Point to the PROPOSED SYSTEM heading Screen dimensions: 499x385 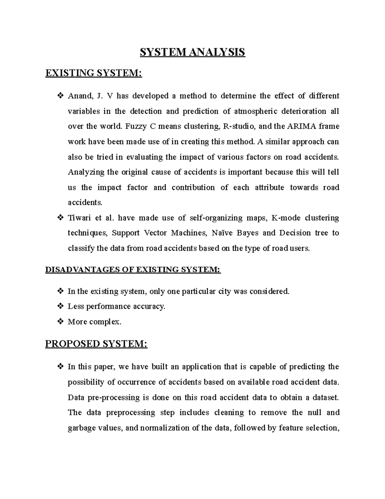pos(96,344)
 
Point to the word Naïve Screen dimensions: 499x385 pos(222,233)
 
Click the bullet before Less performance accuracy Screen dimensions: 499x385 pos(60,306)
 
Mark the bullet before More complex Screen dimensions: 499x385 pos(60,322)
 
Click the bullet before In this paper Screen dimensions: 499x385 pos(60,367)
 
